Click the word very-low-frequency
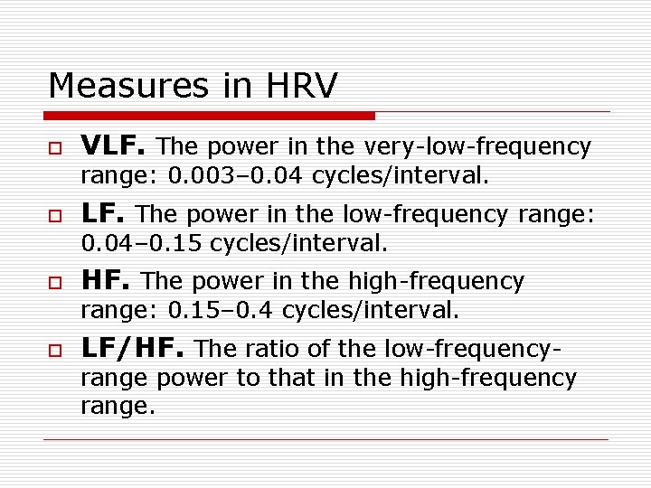[x=477, y=146]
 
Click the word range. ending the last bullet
[x=118, y=407]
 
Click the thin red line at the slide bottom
[x=325, y=439]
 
